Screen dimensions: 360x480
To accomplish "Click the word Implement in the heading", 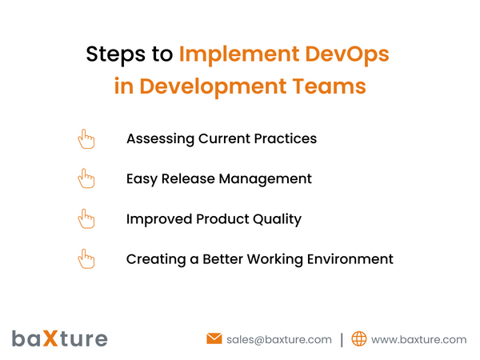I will (239, 55).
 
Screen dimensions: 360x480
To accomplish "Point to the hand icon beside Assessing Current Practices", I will (86, 138).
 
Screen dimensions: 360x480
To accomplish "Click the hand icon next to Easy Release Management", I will (86, 178).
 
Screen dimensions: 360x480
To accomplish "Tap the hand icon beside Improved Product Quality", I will (86, 218).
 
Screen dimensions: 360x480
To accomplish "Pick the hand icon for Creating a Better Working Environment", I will (86, 258).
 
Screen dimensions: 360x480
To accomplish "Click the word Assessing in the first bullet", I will (160, 138).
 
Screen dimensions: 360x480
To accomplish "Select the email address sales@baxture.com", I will (279, 339).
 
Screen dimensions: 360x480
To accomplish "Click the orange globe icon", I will (359, 339).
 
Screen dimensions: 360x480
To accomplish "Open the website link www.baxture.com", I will (418, 339).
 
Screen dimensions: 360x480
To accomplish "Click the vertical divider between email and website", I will (342, 339).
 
